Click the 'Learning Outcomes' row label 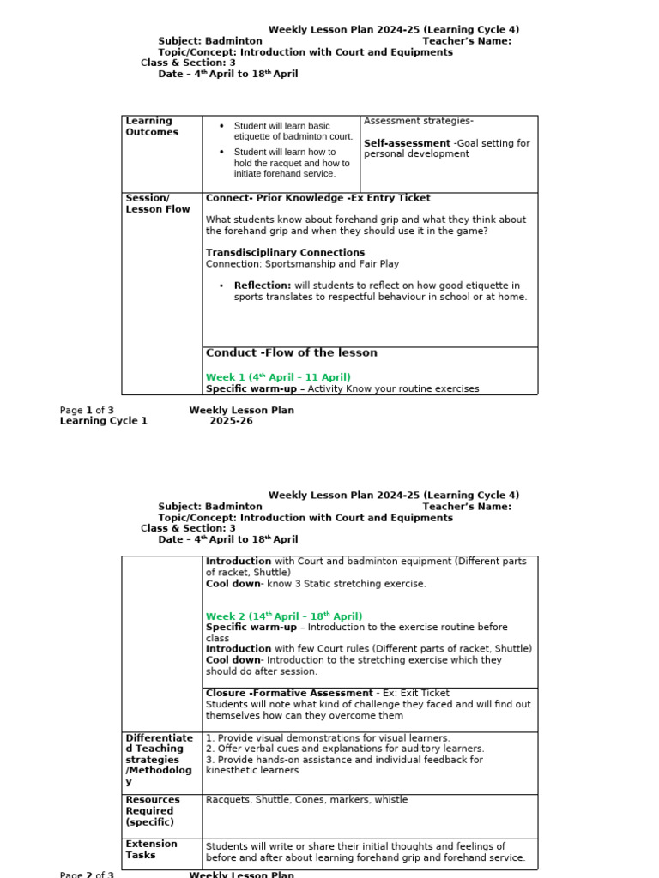[152, 127]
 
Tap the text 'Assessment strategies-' [419, 121]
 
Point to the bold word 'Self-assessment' [407, 143]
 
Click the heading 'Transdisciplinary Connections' [285, 252]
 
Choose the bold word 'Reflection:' [263, 286]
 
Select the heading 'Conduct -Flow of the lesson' [291, 352]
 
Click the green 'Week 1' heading [278, 377]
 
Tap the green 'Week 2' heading [284, 616]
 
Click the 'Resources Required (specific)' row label [153, 810]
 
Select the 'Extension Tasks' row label [152, 849]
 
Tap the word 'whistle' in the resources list [390, 800]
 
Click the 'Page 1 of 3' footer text [87, 410]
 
